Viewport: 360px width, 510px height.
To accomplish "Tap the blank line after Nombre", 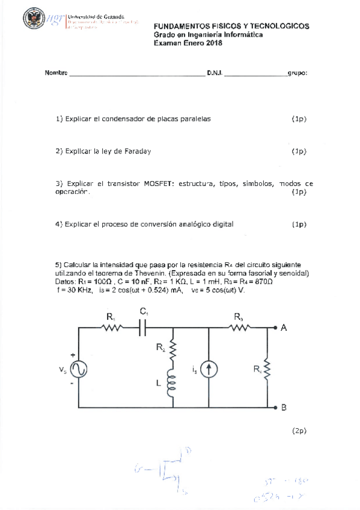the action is click(136, 75).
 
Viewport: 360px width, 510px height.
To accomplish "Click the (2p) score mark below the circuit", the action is click(299, 431).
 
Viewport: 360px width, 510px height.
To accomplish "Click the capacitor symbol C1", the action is click(144, 328).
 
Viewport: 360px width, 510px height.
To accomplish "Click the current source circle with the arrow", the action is click(208, 370).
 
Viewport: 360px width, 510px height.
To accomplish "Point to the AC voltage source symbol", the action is click(78, 368).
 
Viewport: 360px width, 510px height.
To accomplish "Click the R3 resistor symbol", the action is click(240, 328).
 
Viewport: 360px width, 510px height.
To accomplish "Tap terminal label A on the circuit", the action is click(284, 328).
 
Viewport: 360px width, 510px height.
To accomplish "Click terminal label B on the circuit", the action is click(284, 407).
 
